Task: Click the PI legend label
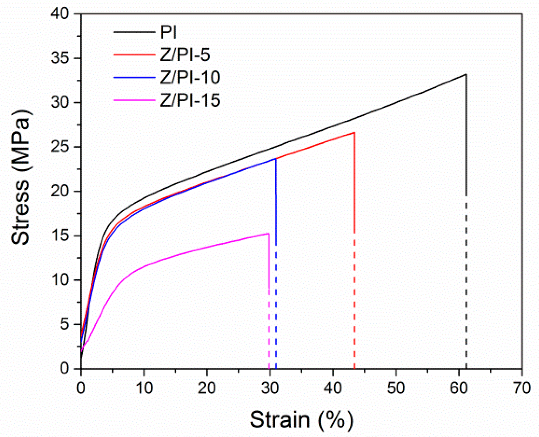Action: point(168,32)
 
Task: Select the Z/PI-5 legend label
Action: point(185,55)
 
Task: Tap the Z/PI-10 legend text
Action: point(190,78)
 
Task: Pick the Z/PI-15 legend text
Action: point(190,100)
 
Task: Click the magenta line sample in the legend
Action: point(134,100)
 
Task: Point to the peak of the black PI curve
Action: point(466,75)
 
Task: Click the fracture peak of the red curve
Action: point(354,133)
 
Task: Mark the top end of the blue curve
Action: point(275,159)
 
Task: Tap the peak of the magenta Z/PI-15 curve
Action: point(268,234)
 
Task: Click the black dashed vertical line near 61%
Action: point(466,291)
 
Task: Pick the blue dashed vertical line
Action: point(276,308)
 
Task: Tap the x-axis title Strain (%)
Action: point(301,420)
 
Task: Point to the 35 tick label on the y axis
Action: point(60,58)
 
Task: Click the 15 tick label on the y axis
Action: point(60,236)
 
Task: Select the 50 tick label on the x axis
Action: point(396,388)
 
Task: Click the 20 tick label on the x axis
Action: point(207,388)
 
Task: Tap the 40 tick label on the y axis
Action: point(60,14)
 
